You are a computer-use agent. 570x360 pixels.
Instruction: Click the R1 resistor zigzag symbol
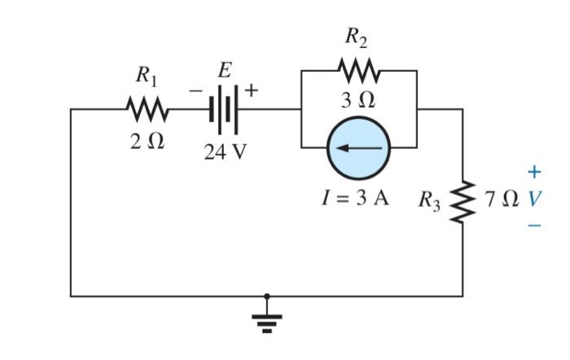coord(147,108)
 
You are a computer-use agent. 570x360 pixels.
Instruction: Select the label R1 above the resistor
coord(147,78)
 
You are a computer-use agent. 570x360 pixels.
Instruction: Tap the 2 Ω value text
coord(147,140)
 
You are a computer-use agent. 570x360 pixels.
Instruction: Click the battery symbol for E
coord(224,108)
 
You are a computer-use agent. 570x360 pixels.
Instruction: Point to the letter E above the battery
coord(224,71)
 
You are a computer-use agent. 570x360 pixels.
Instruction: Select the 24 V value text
coord(224,151)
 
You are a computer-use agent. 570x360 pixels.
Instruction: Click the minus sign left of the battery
coord(196,91)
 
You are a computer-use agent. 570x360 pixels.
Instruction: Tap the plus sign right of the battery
coord(252,90)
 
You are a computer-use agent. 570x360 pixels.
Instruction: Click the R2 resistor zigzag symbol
coord(358,71)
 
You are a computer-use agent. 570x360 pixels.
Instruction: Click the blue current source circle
coord(359,148)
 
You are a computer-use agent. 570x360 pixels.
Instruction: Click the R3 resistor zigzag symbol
coord(463,200)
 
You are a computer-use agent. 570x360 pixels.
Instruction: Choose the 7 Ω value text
coord(500,199)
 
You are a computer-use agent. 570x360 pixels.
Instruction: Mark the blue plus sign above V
coord(533,172)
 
